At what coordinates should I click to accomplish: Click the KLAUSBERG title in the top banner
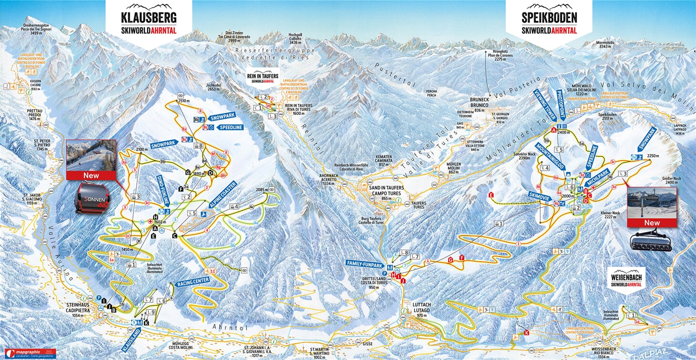point(149,19)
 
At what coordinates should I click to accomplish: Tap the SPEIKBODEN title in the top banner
point(549,19)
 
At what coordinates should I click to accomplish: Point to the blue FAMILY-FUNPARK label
point(365,264)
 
